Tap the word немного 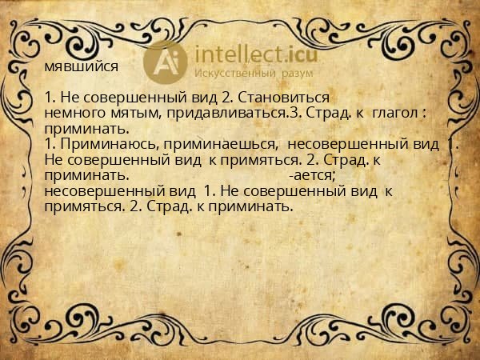pos(74,114)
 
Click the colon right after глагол pos(423,114)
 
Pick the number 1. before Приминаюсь pos(51,144)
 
